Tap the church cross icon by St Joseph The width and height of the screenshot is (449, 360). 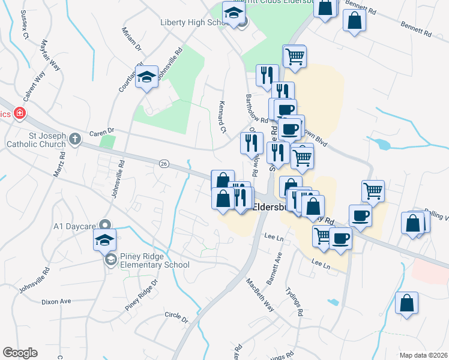pos(74,140)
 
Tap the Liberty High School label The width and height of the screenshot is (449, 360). pos(191,23)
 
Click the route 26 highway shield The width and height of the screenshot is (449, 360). pos(163,163)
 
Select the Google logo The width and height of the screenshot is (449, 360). pos(20,353)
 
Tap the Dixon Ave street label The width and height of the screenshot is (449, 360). pos(56,301)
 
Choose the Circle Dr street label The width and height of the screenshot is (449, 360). pos(176,314)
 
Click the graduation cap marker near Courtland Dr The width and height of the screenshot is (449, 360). pos(146,77)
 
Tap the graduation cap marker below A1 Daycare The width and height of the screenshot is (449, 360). pos(104,240)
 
